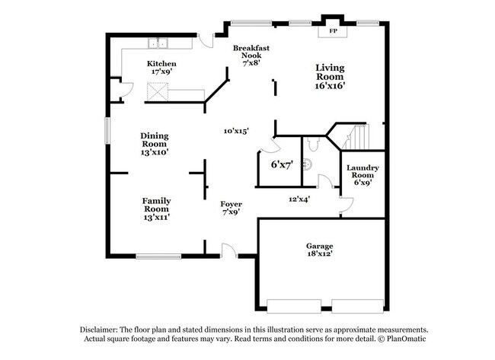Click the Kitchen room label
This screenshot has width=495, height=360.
coord(161,63)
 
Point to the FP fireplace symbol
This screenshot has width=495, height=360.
coord(332,32)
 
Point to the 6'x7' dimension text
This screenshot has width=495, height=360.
coord(282,164)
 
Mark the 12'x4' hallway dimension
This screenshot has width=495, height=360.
coord(299,199)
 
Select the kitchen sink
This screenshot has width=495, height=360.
coord(158,44)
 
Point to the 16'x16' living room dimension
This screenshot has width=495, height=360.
coord(331,86)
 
